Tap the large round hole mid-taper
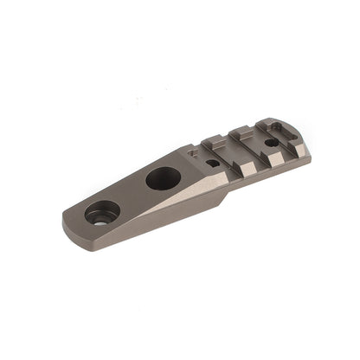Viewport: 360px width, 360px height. (x=163, y=178)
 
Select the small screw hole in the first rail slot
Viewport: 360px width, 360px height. (x=213, y=162)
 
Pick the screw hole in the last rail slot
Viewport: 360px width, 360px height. (x=271, y=142)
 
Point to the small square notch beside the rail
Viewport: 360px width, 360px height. (x=191, y=155)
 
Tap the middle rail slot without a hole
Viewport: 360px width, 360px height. (x=242, y=151)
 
